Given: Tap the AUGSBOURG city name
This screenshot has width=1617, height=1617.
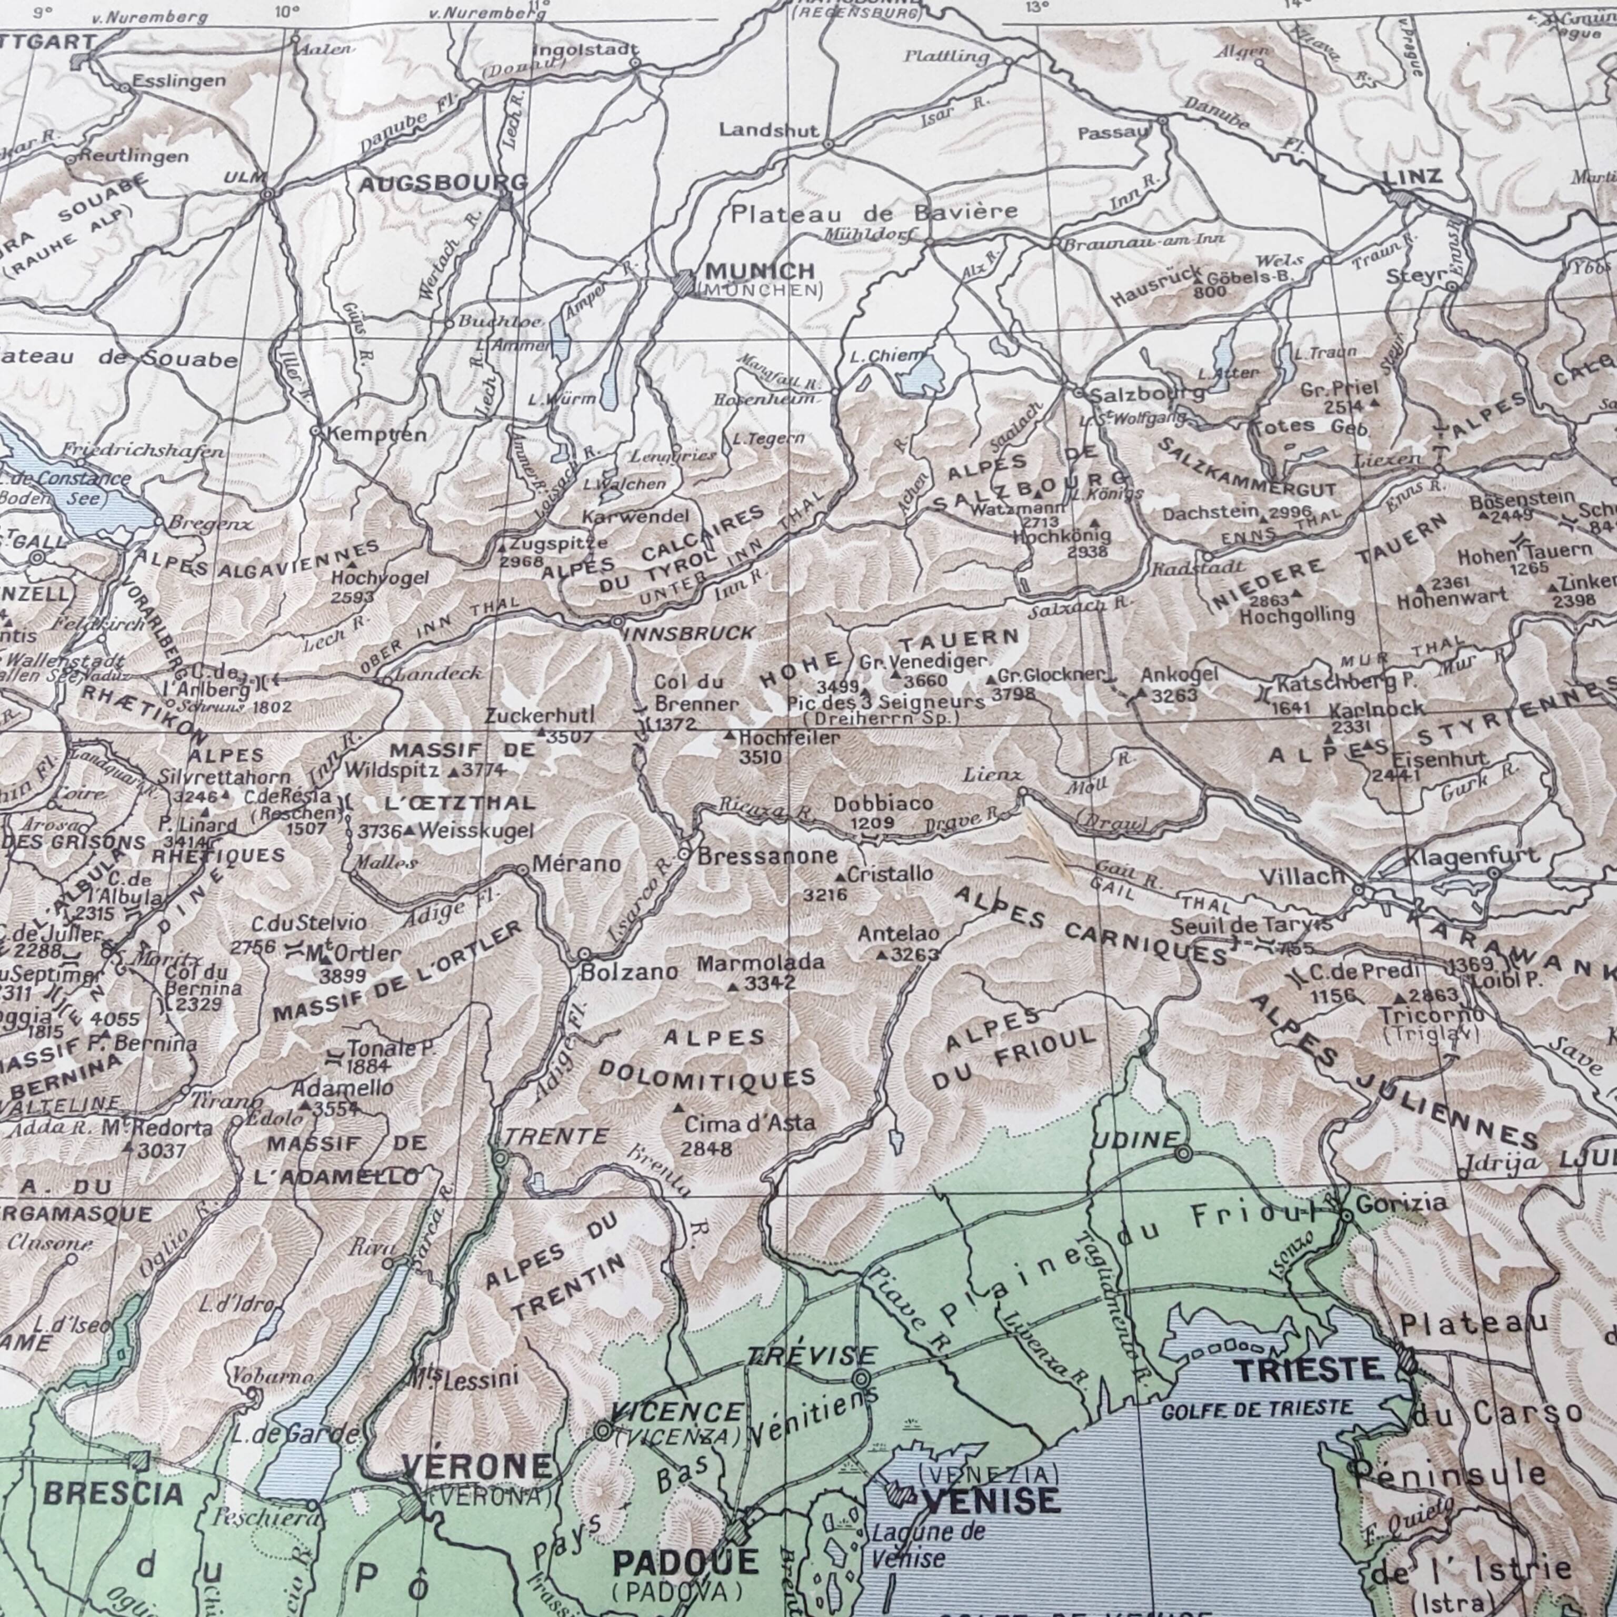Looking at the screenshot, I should pos(443,183).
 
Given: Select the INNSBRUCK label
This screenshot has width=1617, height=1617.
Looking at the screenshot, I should pos(689,633).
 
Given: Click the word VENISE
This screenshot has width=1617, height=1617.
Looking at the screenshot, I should pos(990,1501).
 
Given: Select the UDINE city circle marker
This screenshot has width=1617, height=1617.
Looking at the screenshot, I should pos(1183,1153).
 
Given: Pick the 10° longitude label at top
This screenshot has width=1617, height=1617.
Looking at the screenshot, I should pos(286,12).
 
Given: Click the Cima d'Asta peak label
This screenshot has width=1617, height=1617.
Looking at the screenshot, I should pos(749,1122).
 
